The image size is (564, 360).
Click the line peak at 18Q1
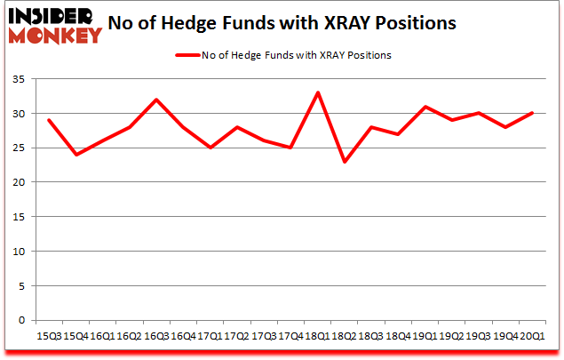pos(317,92)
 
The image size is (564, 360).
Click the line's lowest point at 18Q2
pos(343,162)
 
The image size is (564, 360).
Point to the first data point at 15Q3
pos(50,120)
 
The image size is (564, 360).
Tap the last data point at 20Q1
pos(531,113)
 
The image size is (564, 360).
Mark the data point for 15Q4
pos(75,155)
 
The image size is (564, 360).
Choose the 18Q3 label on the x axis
pos(369,337)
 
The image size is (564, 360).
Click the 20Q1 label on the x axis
pos(531,337)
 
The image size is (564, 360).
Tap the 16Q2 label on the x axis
pos(128,337)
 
